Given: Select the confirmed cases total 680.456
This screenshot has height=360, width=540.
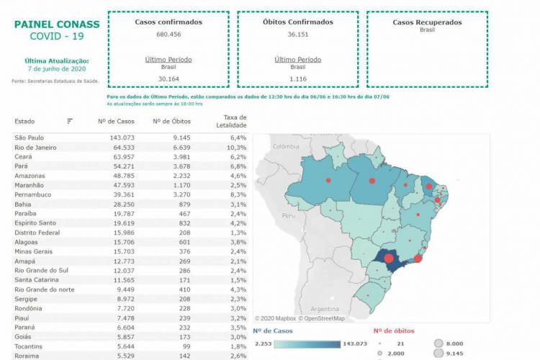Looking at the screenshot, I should tap(168, 34).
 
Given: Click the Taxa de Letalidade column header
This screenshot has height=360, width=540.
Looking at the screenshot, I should tap(233, 121).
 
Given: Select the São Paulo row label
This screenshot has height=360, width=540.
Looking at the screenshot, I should tap(30, 137).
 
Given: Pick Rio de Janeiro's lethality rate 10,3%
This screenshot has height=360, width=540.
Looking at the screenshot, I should tap(236, 147).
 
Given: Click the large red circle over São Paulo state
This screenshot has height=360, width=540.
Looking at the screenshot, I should tap(388, 258).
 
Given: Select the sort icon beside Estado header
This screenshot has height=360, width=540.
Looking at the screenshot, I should tap(70, 121).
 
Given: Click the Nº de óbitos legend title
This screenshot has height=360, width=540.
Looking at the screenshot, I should tap(394, 330).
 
